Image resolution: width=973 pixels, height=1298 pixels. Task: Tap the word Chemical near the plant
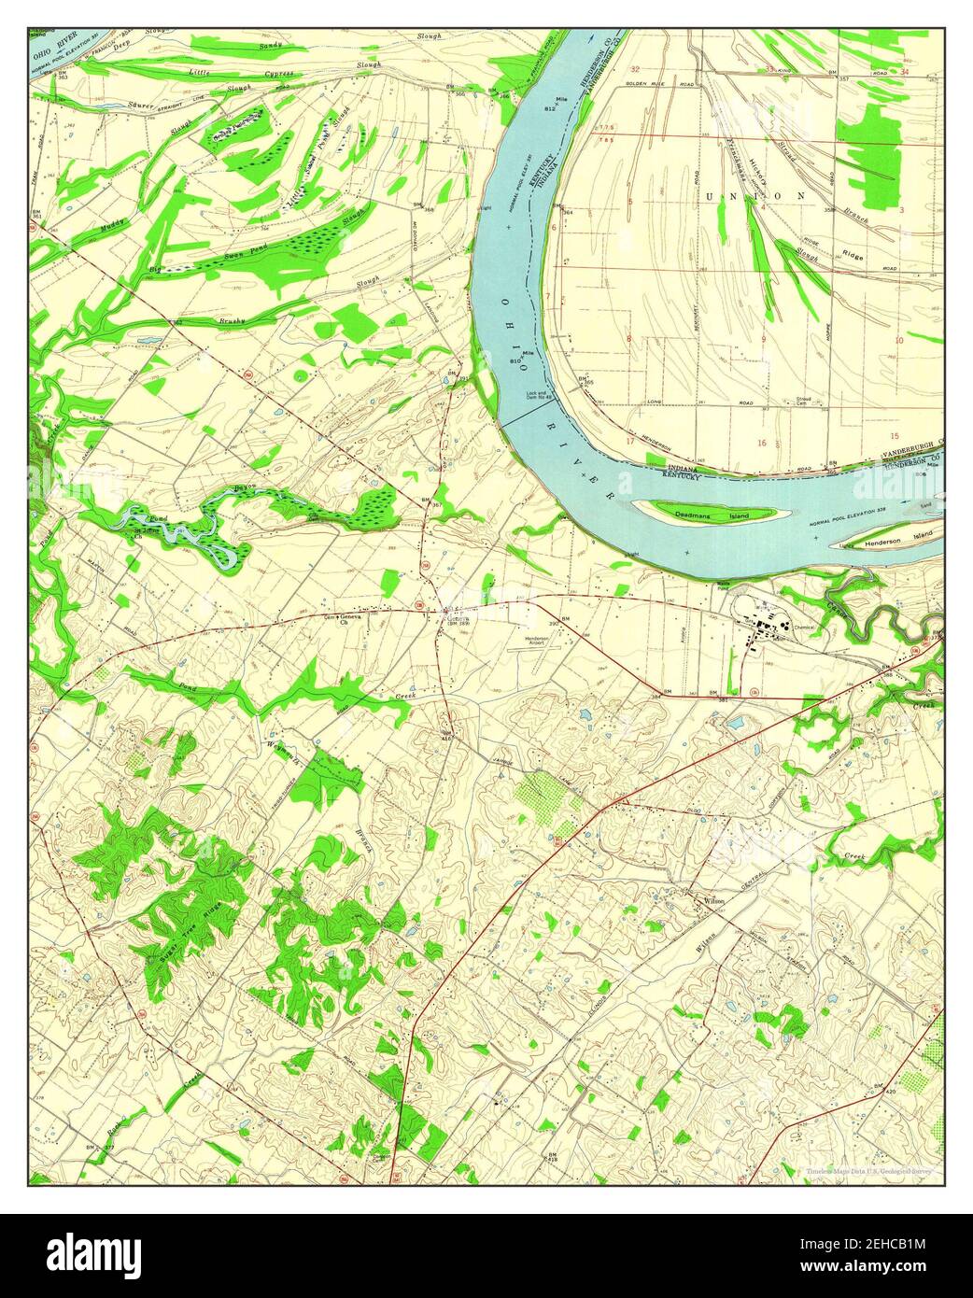pyautogui.click(x=810, y=628)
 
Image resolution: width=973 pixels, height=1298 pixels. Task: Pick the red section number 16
pyautogui.click(x=763, y=444)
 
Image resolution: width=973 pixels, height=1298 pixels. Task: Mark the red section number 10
pyautogui.click(x=899, y=340)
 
